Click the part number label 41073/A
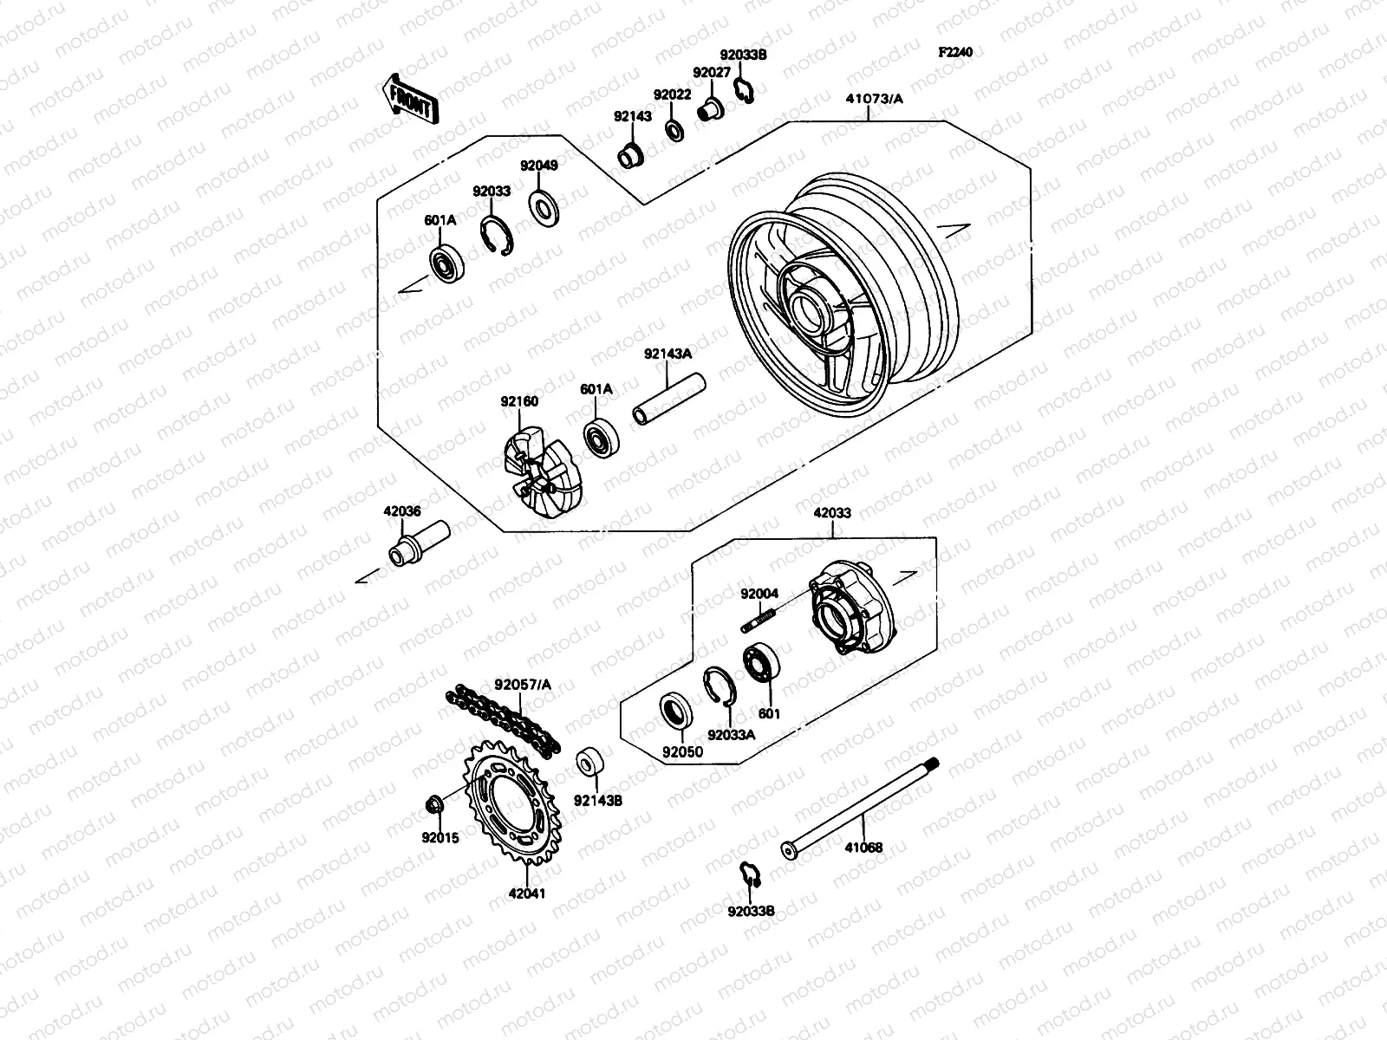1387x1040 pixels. (874, 99)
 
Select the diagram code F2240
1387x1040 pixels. (955, 52)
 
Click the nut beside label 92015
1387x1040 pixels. (437, 805)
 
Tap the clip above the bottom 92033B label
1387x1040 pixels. (749, 874)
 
